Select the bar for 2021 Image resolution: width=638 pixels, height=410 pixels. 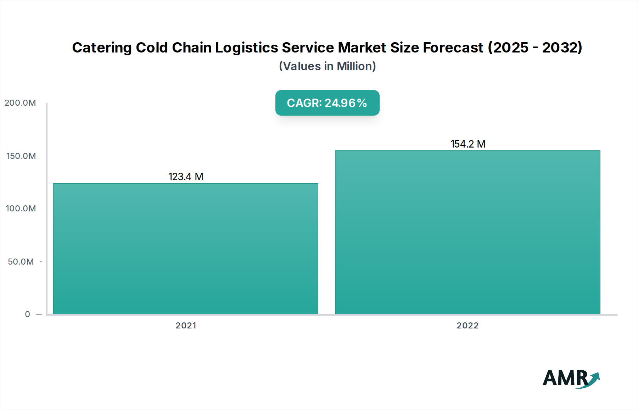click(186, 248)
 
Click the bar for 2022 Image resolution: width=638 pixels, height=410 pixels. click(468, 232)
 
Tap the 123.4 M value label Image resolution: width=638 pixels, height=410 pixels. click(186, 177)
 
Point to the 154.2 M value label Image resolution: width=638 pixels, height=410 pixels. click(468, 144)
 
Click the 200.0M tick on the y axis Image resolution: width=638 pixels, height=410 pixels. click(20, 103)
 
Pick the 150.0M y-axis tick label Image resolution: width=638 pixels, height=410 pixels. click(21, 156)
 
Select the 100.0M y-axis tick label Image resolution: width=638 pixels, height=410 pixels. click(21, 209)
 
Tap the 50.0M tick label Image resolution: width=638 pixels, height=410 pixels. click(21, 262)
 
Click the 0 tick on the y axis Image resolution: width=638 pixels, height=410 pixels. click(28, 314)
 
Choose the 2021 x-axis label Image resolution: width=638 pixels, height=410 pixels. click(186, 326)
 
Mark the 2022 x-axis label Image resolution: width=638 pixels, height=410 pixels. click(468, 326)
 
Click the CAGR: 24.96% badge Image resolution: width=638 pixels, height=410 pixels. click(327, 103)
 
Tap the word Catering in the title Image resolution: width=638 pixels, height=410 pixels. click(102, 48)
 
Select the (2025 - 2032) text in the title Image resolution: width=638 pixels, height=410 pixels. click(535, 48)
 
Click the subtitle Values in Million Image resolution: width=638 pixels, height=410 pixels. click(327, 66)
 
